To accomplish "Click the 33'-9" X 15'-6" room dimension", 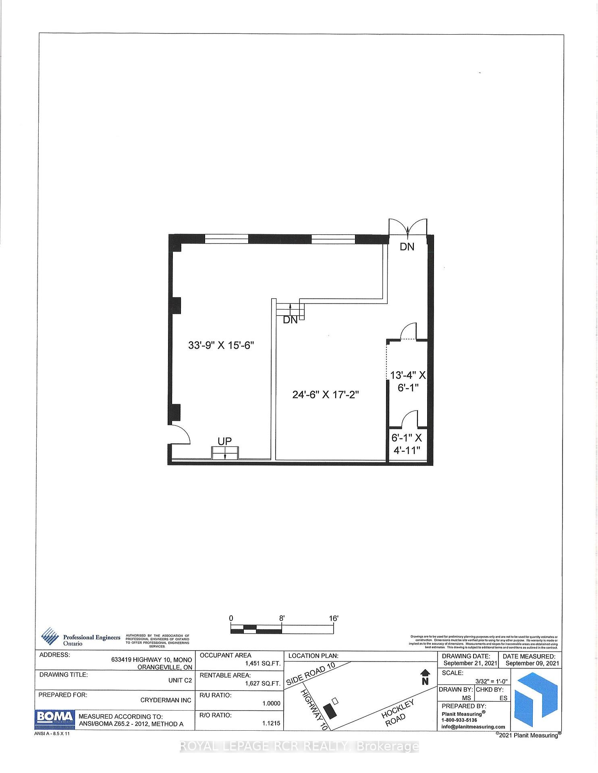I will coord(221,345).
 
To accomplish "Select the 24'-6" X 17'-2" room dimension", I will coord(325,395).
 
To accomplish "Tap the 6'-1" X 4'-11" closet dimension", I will coord(406,444).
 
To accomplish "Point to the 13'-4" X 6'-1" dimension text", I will coord(407,381).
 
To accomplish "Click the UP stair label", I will coord(224,441).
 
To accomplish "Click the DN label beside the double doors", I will coord(407,247).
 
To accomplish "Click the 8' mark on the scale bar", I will coord(282,618).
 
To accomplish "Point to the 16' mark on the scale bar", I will coord(333,618).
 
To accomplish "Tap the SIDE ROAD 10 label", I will coord(310,674).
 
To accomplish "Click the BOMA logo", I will coord(55,717).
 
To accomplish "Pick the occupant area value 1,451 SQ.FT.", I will coord(263,663).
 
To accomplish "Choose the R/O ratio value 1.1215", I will coord(271,723).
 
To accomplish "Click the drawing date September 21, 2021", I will coord(470,663).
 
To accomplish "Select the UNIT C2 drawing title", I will coord(180,680).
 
